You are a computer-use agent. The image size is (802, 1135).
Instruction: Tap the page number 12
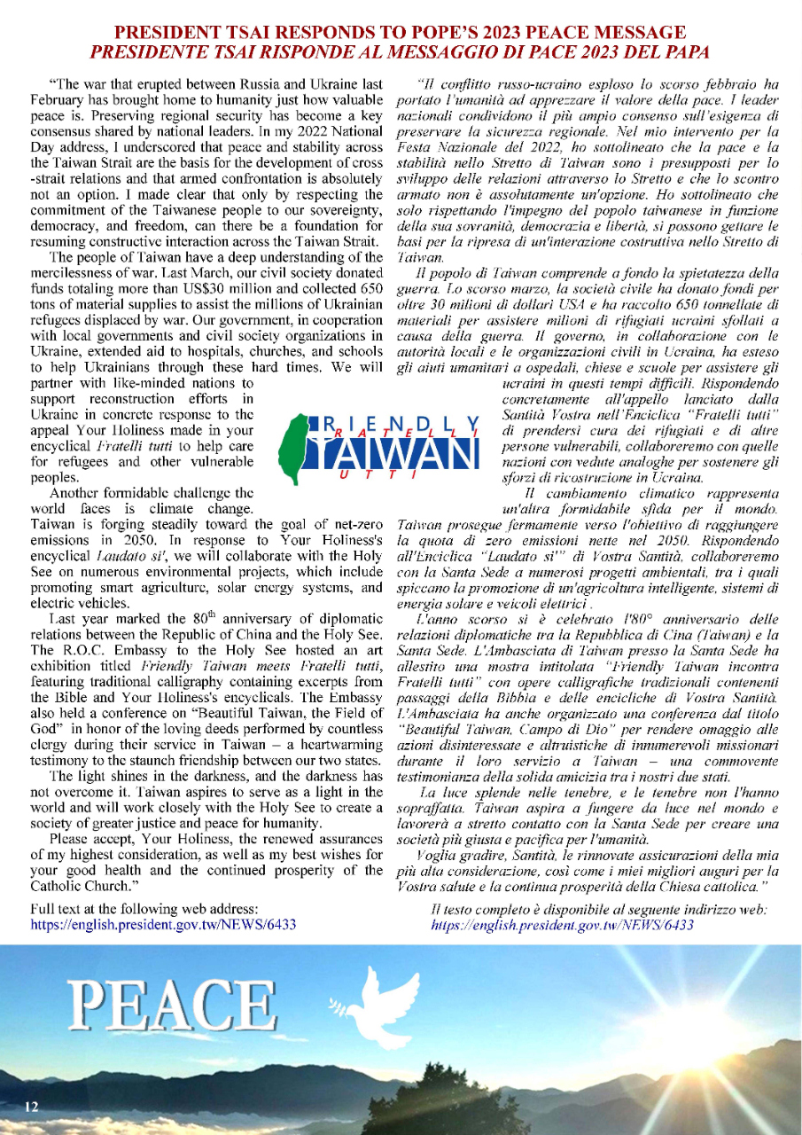click(x=32, y=1106)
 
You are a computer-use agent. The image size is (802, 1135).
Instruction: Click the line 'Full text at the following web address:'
click(x=144, y=909)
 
